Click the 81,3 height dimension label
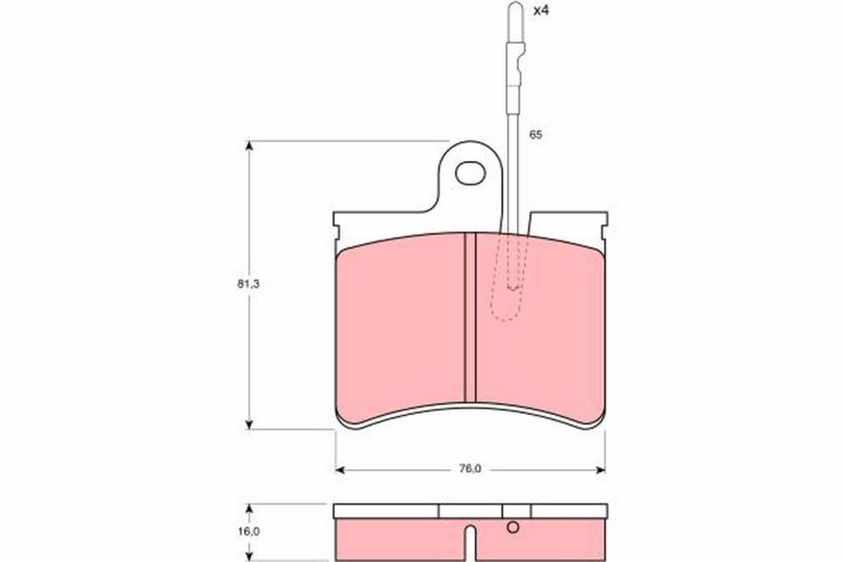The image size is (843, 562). tap(249, 284)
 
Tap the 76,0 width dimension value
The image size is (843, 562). tap(470, 469)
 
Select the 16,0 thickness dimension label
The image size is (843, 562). tap(249, 532)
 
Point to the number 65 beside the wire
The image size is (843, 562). tap(535, 134)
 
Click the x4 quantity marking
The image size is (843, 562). tap(541, 10)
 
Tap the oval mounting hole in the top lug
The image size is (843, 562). tap(470, 173)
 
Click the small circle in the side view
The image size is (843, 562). tap(513, 527)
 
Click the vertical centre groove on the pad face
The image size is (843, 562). tap(470, 317)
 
